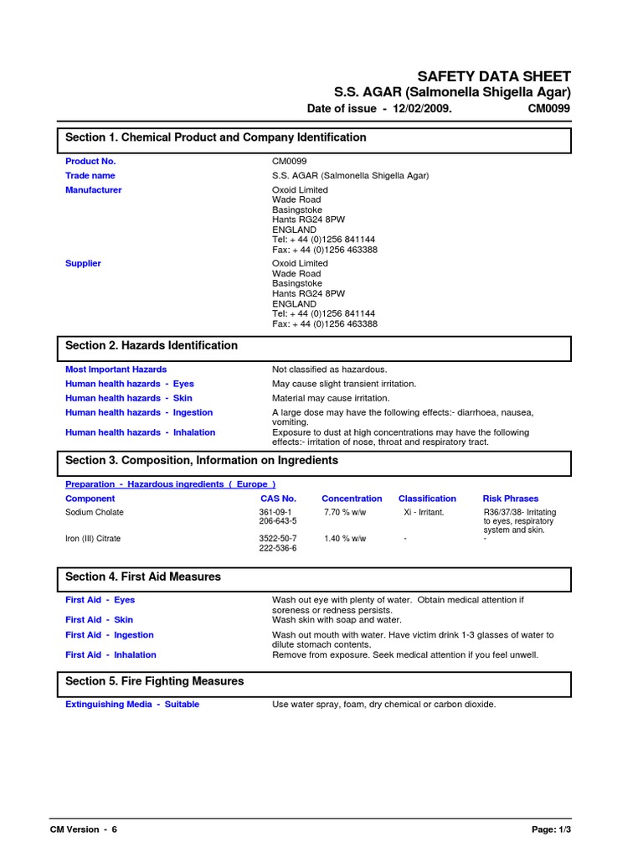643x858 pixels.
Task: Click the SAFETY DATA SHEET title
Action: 494,75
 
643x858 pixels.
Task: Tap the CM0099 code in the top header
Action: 549,109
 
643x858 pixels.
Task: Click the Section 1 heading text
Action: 216,137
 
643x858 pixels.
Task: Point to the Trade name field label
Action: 90,176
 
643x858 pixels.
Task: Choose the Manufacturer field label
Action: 93,190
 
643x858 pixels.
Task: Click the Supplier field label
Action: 83,263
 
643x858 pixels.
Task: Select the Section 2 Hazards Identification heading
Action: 152,345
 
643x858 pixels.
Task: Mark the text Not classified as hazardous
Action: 330,370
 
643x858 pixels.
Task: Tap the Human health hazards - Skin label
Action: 129,398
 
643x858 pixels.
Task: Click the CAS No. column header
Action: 278,499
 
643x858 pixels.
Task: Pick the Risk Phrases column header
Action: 511,499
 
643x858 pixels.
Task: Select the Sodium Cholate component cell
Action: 94,512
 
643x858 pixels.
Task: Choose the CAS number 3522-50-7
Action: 278,539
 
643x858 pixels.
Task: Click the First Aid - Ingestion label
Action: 110,635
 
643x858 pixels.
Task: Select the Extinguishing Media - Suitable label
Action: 132,705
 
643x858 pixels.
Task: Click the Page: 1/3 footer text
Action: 551,830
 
